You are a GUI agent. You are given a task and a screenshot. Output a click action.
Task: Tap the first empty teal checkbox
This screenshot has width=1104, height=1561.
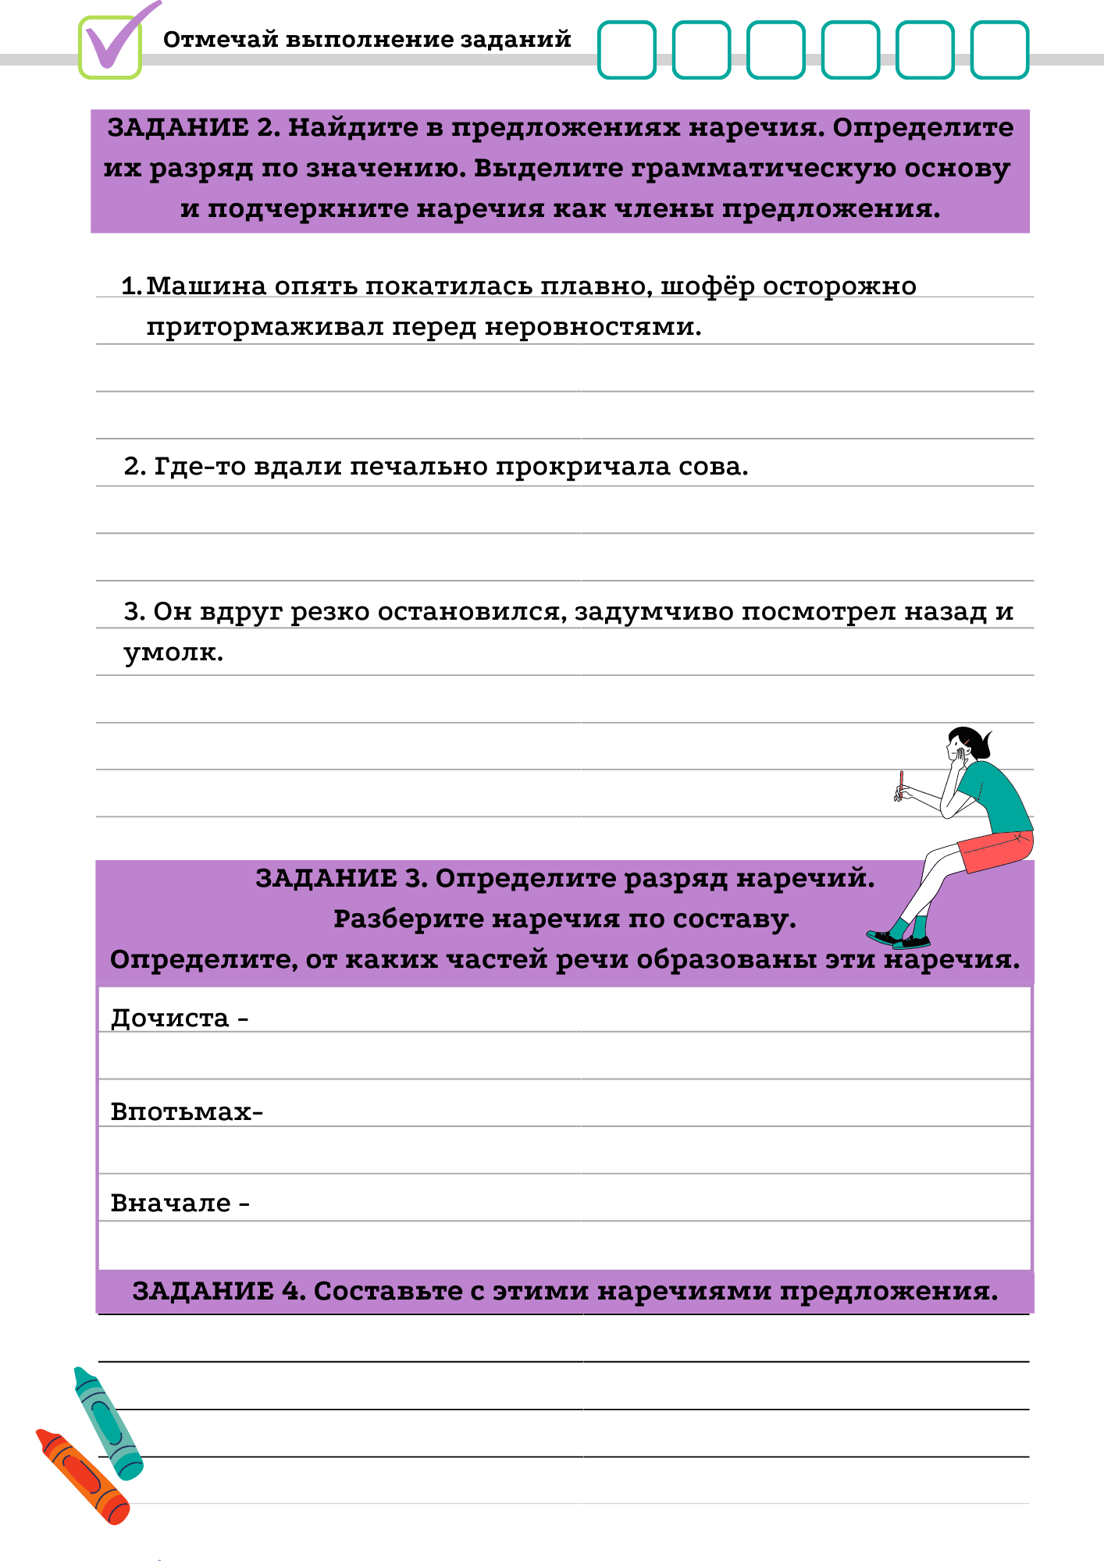point(626,50)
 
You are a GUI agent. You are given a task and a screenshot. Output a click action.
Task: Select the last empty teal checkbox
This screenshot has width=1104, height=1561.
point(999,50)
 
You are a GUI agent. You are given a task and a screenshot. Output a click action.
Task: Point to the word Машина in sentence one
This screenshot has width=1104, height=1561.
point(206,286)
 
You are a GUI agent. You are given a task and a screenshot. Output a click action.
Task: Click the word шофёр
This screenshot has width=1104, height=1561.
point(707,286)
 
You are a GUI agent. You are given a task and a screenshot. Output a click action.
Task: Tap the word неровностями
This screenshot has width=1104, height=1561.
point(593,326)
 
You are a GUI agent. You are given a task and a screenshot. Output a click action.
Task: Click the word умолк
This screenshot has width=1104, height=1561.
point(173,652)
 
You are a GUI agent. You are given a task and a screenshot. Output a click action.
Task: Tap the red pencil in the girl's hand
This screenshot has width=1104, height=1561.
point(901,783)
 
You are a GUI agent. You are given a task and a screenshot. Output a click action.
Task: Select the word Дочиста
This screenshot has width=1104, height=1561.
point(169,1019)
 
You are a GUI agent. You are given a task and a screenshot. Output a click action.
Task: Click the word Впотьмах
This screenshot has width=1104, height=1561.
point(182,1111)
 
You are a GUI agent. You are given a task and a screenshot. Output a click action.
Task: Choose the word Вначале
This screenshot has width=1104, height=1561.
point(170,1204)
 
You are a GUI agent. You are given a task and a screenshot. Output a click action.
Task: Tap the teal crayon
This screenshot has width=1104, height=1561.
point(109,1424)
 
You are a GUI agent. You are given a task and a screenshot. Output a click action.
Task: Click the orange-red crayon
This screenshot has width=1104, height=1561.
point(83,1476)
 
